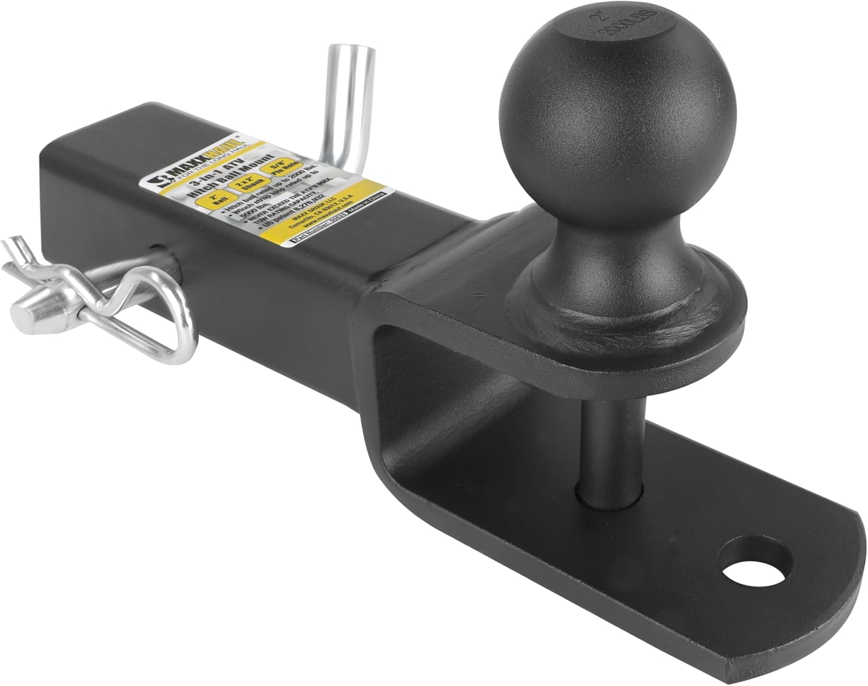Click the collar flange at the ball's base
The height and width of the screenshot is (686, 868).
[x=625, y=324]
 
